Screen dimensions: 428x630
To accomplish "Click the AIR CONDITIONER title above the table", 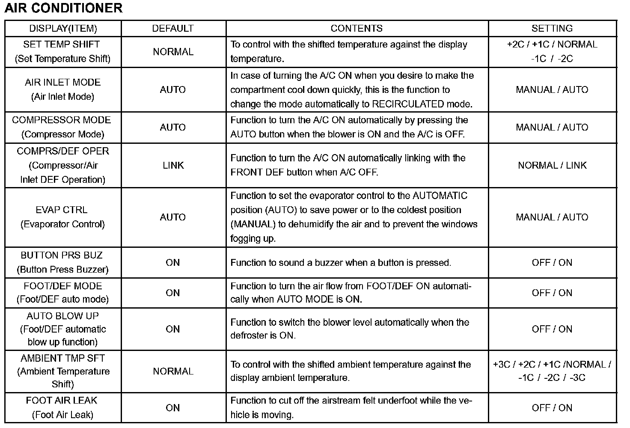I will pos(63,8).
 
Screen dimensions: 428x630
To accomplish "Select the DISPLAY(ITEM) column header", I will pos(63,29).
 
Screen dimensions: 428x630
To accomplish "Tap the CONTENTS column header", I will pos(357,29).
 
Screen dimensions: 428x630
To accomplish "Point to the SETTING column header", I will pos(552,29).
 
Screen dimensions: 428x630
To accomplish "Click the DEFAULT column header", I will pos(173,29).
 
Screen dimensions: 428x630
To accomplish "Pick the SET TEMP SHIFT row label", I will pos(62,45).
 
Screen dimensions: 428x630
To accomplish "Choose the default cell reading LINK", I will pos(173,165).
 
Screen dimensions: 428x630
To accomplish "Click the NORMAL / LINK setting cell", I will pos(552,165).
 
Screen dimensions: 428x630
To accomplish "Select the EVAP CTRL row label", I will pos(62,210).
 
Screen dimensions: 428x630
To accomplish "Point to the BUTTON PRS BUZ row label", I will pos(62,256).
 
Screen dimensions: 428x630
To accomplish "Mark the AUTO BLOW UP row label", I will pos(62,316).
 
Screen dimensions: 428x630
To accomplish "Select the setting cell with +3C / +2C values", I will pos(552,371).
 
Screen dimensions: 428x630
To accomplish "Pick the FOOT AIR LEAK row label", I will pos(62,401).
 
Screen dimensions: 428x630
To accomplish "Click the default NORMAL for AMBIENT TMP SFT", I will pos(173,372).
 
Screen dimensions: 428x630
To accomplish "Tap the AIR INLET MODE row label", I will pos(62,82).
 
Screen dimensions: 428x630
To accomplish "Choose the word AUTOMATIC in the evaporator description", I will pos(440,196).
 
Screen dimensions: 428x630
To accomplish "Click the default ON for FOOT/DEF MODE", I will pos(173,293).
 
